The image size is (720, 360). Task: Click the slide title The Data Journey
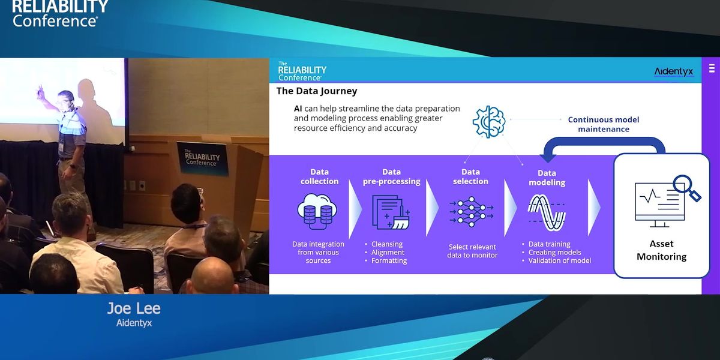pyautogui.click(x=317, y=91)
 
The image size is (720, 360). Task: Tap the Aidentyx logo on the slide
pyautogui.click(x=673, y=71)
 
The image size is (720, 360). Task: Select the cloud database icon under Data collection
pyautogui.click(x=317, y=211)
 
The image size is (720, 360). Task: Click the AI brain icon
pyautogui.click(x=488, y=122)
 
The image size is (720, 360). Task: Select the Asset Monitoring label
pyautogui.click(x=661, y=250)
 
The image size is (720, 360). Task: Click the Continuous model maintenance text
pyautogui.click(x=604, y=124)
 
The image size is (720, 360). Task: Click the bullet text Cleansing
pyautogui.click(x=387, y=244)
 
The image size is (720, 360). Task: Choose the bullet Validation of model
pyautogui.click(x=559, y=260)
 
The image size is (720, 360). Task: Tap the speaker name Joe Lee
pyautogui.click(x=134, y=309)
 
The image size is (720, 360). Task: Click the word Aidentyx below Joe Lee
pyautogui.click(x=134, y=323)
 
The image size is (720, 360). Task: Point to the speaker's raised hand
pyautogui.click(x=41, y=92)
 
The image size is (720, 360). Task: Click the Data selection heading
pyautogui.click(x=470, y=176)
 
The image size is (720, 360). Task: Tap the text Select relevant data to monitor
pyautogui.click(x=473, y=251)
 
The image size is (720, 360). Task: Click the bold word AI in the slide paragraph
pyautogui.click(x=298, y=109)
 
